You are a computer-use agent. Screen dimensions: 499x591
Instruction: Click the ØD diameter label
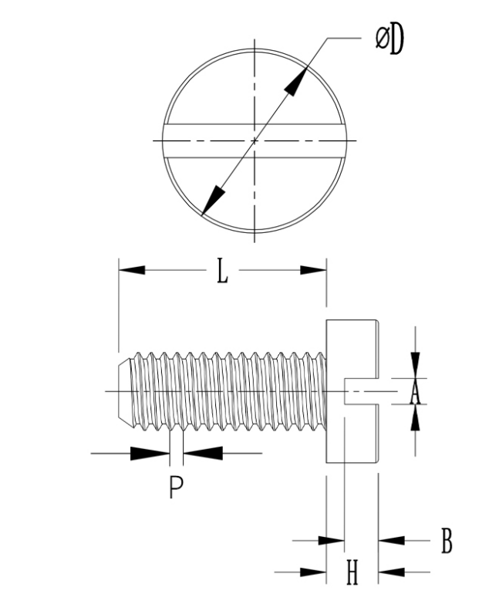(x=389, y=39)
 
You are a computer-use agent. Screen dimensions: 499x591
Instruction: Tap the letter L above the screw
(x=223, y=270)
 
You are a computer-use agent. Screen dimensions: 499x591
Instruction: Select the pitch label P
(x=176, y=487)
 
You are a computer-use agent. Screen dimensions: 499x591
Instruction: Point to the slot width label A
(x=415, y=392)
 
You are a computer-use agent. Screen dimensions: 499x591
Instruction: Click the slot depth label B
(x=447, y=541)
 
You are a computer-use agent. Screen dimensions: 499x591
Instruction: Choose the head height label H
(x=352, y=572)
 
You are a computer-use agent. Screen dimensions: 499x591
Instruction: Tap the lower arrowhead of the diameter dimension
(x=213, y=201)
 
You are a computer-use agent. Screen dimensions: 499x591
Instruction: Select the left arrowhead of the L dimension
(x=132, y=270)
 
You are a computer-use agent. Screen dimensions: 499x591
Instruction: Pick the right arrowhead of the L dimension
(x=313, y=270)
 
